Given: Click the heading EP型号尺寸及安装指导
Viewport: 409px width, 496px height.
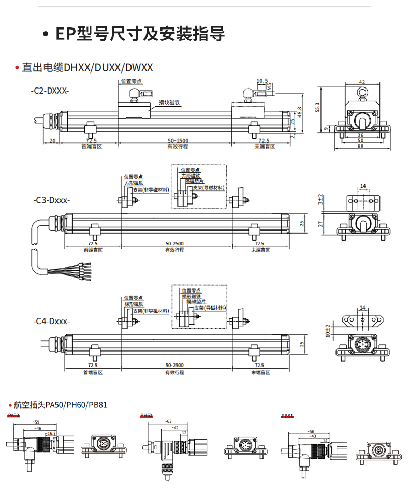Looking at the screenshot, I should tap(140, 34).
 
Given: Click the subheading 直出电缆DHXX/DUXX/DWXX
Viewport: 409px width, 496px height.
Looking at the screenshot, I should tap(86, 67).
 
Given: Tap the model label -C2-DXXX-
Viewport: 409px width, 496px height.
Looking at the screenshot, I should tap(50, 91).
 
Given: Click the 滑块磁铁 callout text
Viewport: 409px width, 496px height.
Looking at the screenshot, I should tap(169, 103).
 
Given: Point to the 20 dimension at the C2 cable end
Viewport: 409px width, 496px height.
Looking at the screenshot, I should tap(52, 141).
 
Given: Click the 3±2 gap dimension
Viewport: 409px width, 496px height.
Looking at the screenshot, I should tap(320, 198).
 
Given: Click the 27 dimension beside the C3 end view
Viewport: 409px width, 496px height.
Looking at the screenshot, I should tap(320, 224).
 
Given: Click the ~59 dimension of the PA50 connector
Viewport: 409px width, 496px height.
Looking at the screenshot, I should tap(36, 422).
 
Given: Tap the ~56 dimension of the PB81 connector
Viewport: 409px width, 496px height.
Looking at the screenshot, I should tap(311, 431).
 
